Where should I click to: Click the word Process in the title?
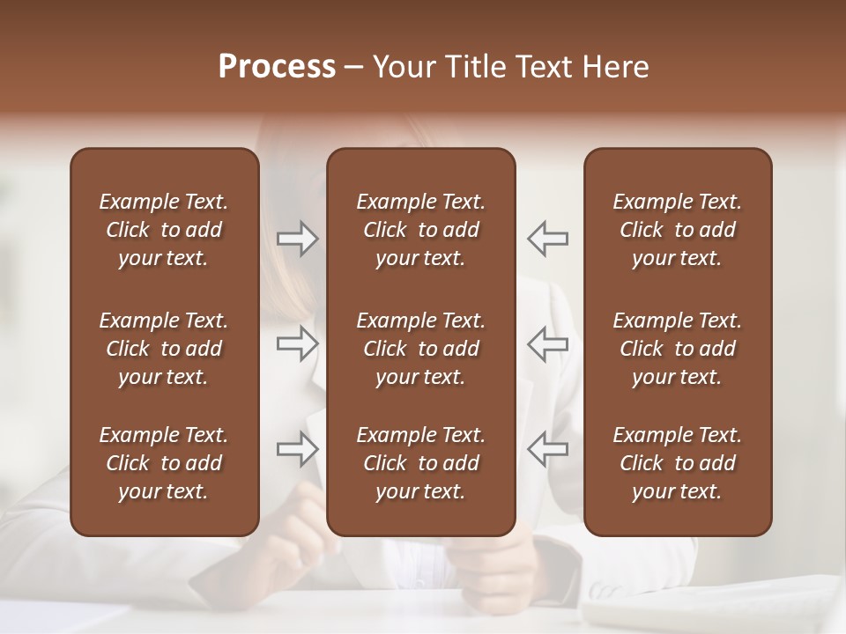277,67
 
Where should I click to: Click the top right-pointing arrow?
297,238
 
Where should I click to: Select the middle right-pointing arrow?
297,343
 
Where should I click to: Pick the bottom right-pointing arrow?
297,449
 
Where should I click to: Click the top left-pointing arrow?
547,238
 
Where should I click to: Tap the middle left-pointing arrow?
547,343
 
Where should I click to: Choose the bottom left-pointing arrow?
547,449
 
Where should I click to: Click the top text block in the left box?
164,230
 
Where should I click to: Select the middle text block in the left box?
164,349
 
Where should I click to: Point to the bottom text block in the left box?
164,463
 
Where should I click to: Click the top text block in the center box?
421,230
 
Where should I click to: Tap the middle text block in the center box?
421,349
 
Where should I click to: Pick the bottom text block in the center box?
421,463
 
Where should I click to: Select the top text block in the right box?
678,230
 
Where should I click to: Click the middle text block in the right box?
678,349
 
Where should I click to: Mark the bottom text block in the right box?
678,463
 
